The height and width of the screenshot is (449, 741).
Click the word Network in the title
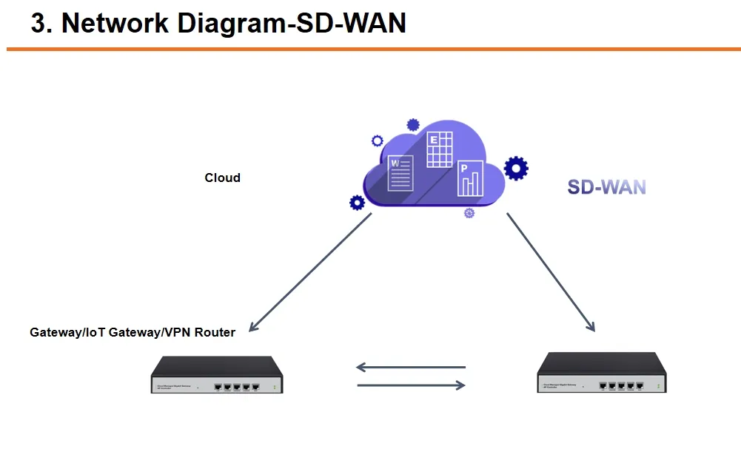115,23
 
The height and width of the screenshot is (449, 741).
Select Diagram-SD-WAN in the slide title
292,23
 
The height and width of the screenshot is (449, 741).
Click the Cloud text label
222,178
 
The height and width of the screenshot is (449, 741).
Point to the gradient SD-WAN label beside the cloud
606,187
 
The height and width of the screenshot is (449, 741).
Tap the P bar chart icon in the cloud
470,178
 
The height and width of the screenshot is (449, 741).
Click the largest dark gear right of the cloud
516,169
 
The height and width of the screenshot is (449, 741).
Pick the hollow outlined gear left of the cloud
377,141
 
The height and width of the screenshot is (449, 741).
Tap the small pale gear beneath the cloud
469,213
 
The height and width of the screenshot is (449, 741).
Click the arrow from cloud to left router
311,271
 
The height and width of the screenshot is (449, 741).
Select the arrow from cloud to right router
551,271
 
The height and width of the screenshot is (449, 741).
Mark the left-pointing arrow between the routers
410,367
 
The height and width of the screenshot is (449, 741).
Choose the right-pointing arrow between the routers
412,385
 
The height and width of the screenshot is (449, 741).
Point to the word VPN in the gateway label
175,332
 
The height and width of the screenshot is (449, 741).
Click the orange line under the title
370,50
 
